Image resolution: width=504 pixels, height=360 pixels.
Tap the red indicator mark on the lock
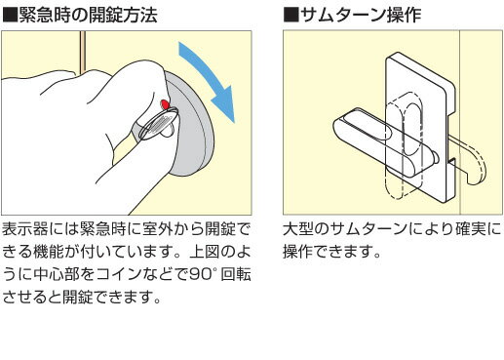tap(165, 104)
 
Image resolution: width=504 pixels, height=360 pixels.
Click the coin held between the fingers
tap(159, 124)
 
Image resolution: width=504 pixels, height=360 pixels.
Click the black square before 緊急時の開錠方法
tap(10, 15)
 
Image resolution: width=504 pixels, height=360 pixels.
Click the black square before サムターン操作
tap(291, 15)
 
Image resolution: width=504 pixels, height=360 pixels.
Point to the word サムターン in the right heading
tap(342, 15)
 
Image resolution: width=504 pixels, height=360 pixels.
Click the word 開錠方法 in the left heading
tap(123, 15)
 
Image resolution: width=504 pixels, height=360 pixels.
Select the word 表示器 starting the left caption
tap(25, 229)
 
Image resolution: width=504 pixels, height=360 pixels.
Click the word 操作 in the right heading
tap(404, 15)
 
